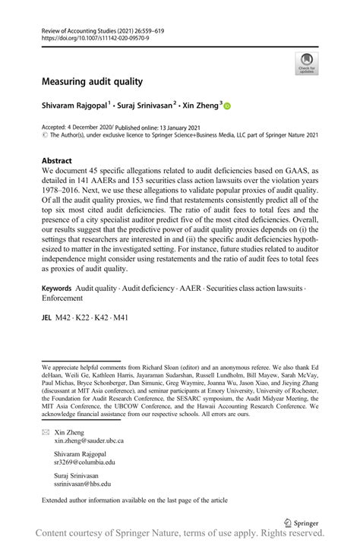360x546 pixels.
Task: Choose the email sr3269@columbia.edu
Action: click(84, 461)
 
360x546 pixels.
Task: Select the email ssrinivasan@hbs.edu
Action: click(82, 482)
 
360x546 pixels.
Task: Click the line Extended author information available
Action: click(125, 503)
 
